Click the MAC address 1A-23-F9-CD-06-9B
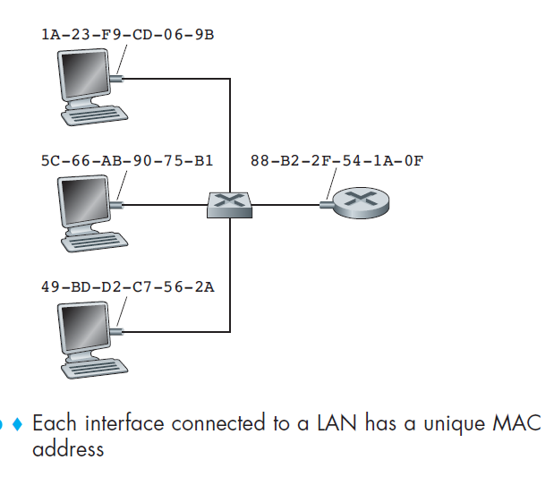[128, 35]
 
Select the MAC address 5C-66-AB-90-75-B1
[128, 161]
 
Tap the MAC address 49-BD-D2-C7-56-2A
[128, 287]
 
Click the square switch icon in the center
[230, 204]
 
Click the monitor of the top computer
[87, 75]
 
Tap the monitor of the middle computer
[87, 201]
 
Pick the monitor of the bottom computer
[87, 328]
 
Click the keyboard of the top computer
[97, 115]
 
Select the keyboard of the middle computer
[97, 241]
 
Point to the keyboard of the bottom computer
[97, 367]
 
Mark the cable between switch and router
[286, 204]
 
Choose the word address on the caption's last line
[68, 449]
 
